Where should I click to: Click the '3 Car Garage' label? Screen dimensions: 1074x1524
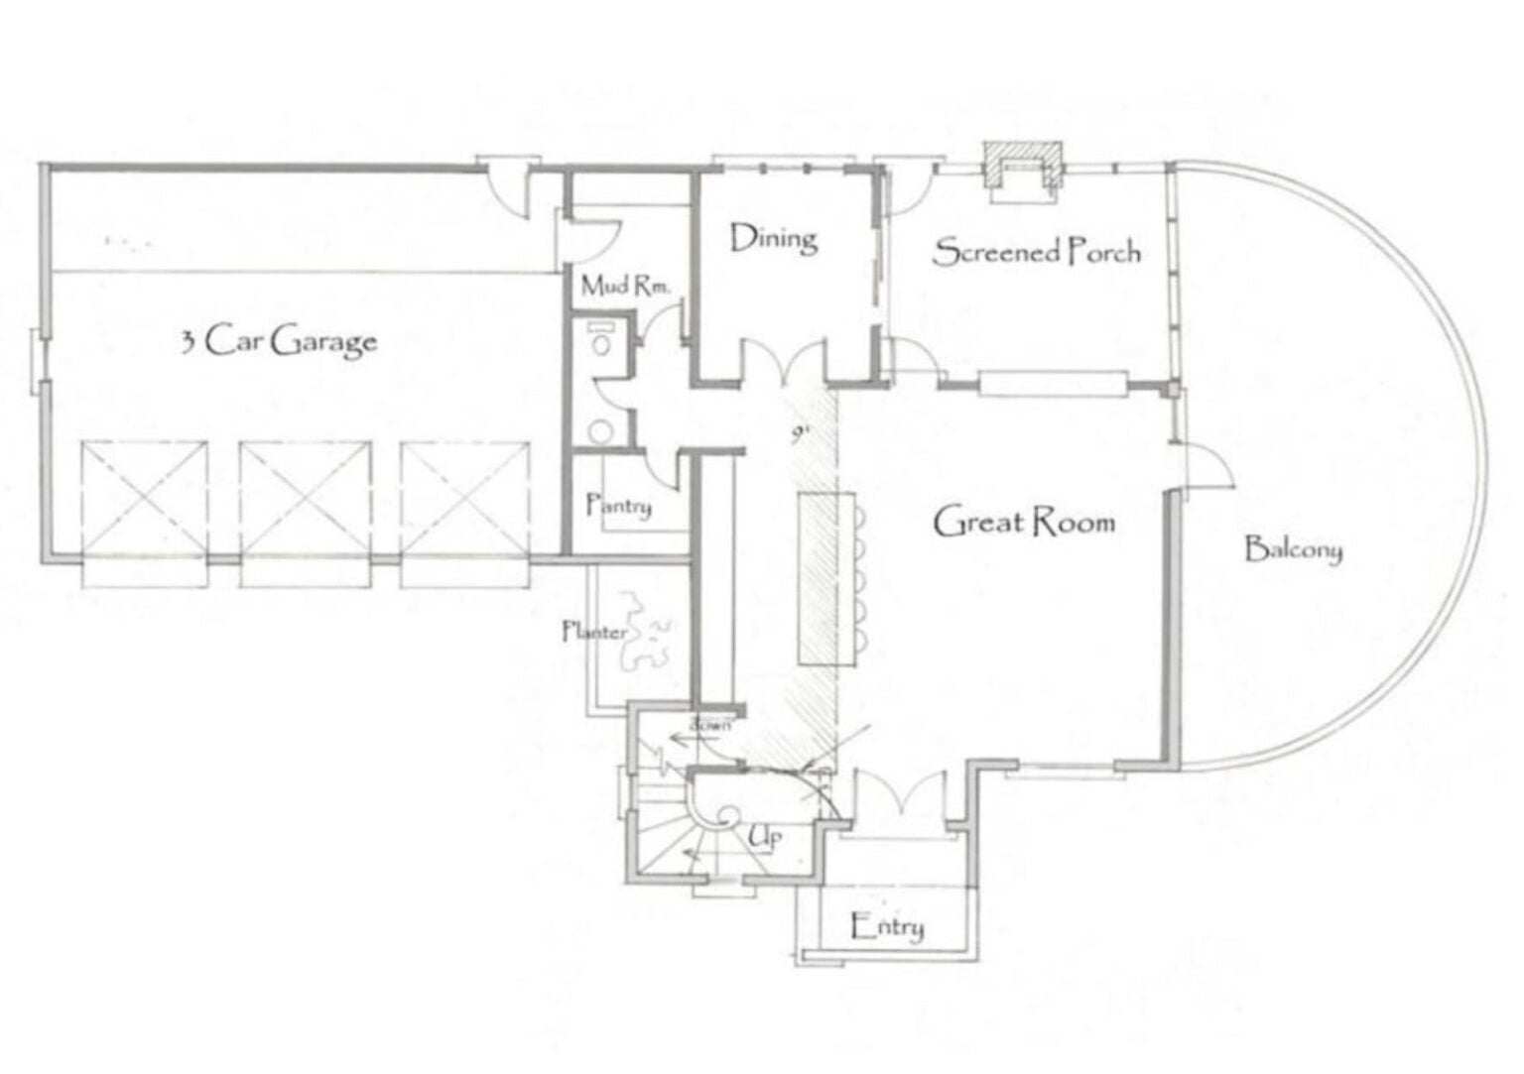(x=278, y=341)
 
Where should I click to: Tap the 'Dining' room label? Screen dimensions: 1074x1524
(x=773, y=239)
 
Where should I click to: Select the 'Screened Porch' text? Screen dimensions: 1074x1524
(x=1036, y=252)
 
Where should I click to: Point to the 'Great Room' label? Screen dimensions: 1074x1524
(x=1024, y=522)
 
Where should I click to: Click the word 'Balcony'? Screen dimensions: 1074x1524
(x=1293, y=548)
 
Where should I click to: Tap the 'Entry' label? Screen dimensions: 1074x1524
(x=888, y=927)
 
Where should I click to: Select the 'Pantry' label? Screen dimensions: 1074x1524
(x=619, y=505)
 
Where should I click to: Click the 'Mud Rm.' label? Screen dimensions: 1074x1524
(x=625, y=287)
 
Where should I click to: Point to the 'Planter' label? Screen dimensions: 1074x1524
(x=593, y=632)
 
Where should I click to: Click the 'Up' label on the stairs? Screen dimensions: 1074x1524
(x=764, y=838)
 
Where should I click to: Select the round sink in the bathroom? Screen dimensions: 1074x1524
(x=599, y=430)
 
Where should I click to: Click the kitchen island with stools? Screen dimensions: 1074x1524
(x=819, y=579)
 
